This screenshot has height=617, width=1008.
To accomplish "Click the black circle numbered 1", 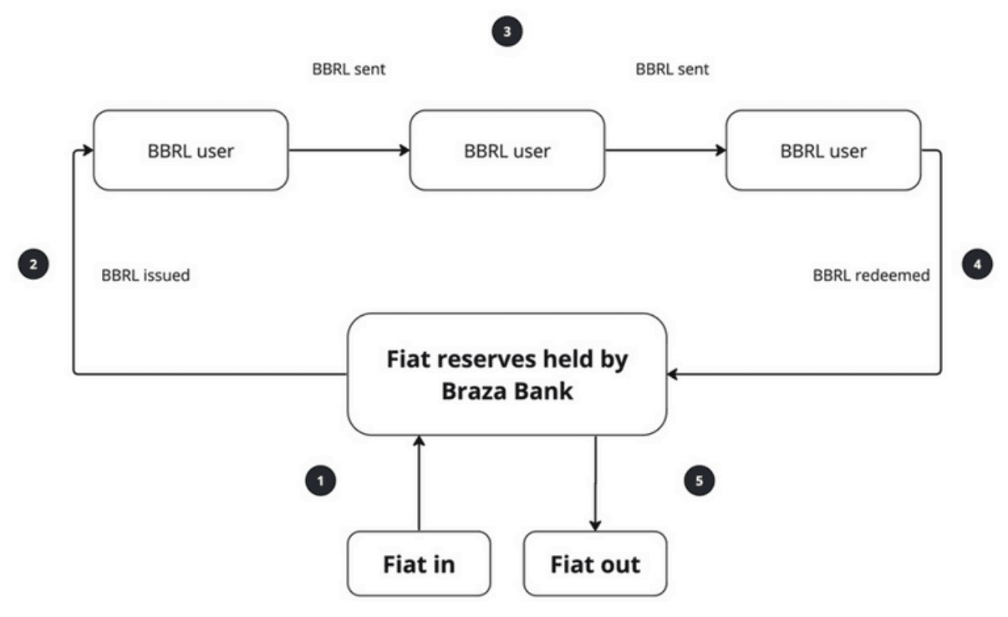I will tap(320, 481).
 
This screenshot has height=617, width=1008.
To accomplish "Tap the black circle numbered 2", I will tap(33, 264).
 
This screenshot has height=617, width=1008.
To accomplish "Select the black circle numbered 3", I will tap(507, 32).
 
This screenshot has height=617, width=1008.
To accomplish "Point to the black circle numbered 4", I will tap(978, 264).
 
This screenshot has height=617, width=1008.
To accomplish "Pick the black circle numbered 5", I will tap(700, 481).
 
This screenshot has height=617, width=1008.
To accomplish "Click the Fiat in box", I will tap(419, 564).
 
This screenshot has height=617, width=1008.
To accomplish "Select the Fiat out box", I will tap(595, 564).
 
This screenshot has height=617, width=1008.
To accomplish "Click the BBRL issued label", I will tap(145, 275).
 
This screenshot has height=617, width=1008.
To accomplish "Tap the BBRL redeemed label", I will tap(871, 275).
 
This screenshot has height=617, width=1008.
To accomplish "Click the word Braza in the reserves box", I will tap(473, 390).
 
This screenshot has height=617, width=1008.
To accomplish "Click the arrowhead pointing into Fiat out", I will tap(595, 525).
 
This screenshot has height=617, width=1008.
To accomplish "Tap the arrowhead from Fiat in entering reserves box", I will tap(419, 441).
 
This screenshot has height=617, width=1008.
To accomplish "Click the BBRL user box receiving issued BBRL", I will tap(191, 150).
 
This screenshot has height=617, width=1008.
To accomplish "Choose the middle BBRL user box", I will tap(507, 150).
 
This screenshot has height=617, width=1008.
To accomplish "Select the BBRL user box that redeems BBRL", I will tap(823, 150).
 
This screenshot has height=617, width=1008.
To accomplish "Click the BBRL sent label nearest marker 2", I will tap(349, 69).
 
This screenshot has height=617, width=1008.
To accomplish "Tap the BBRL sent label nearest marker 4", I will tap(672, 69).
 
